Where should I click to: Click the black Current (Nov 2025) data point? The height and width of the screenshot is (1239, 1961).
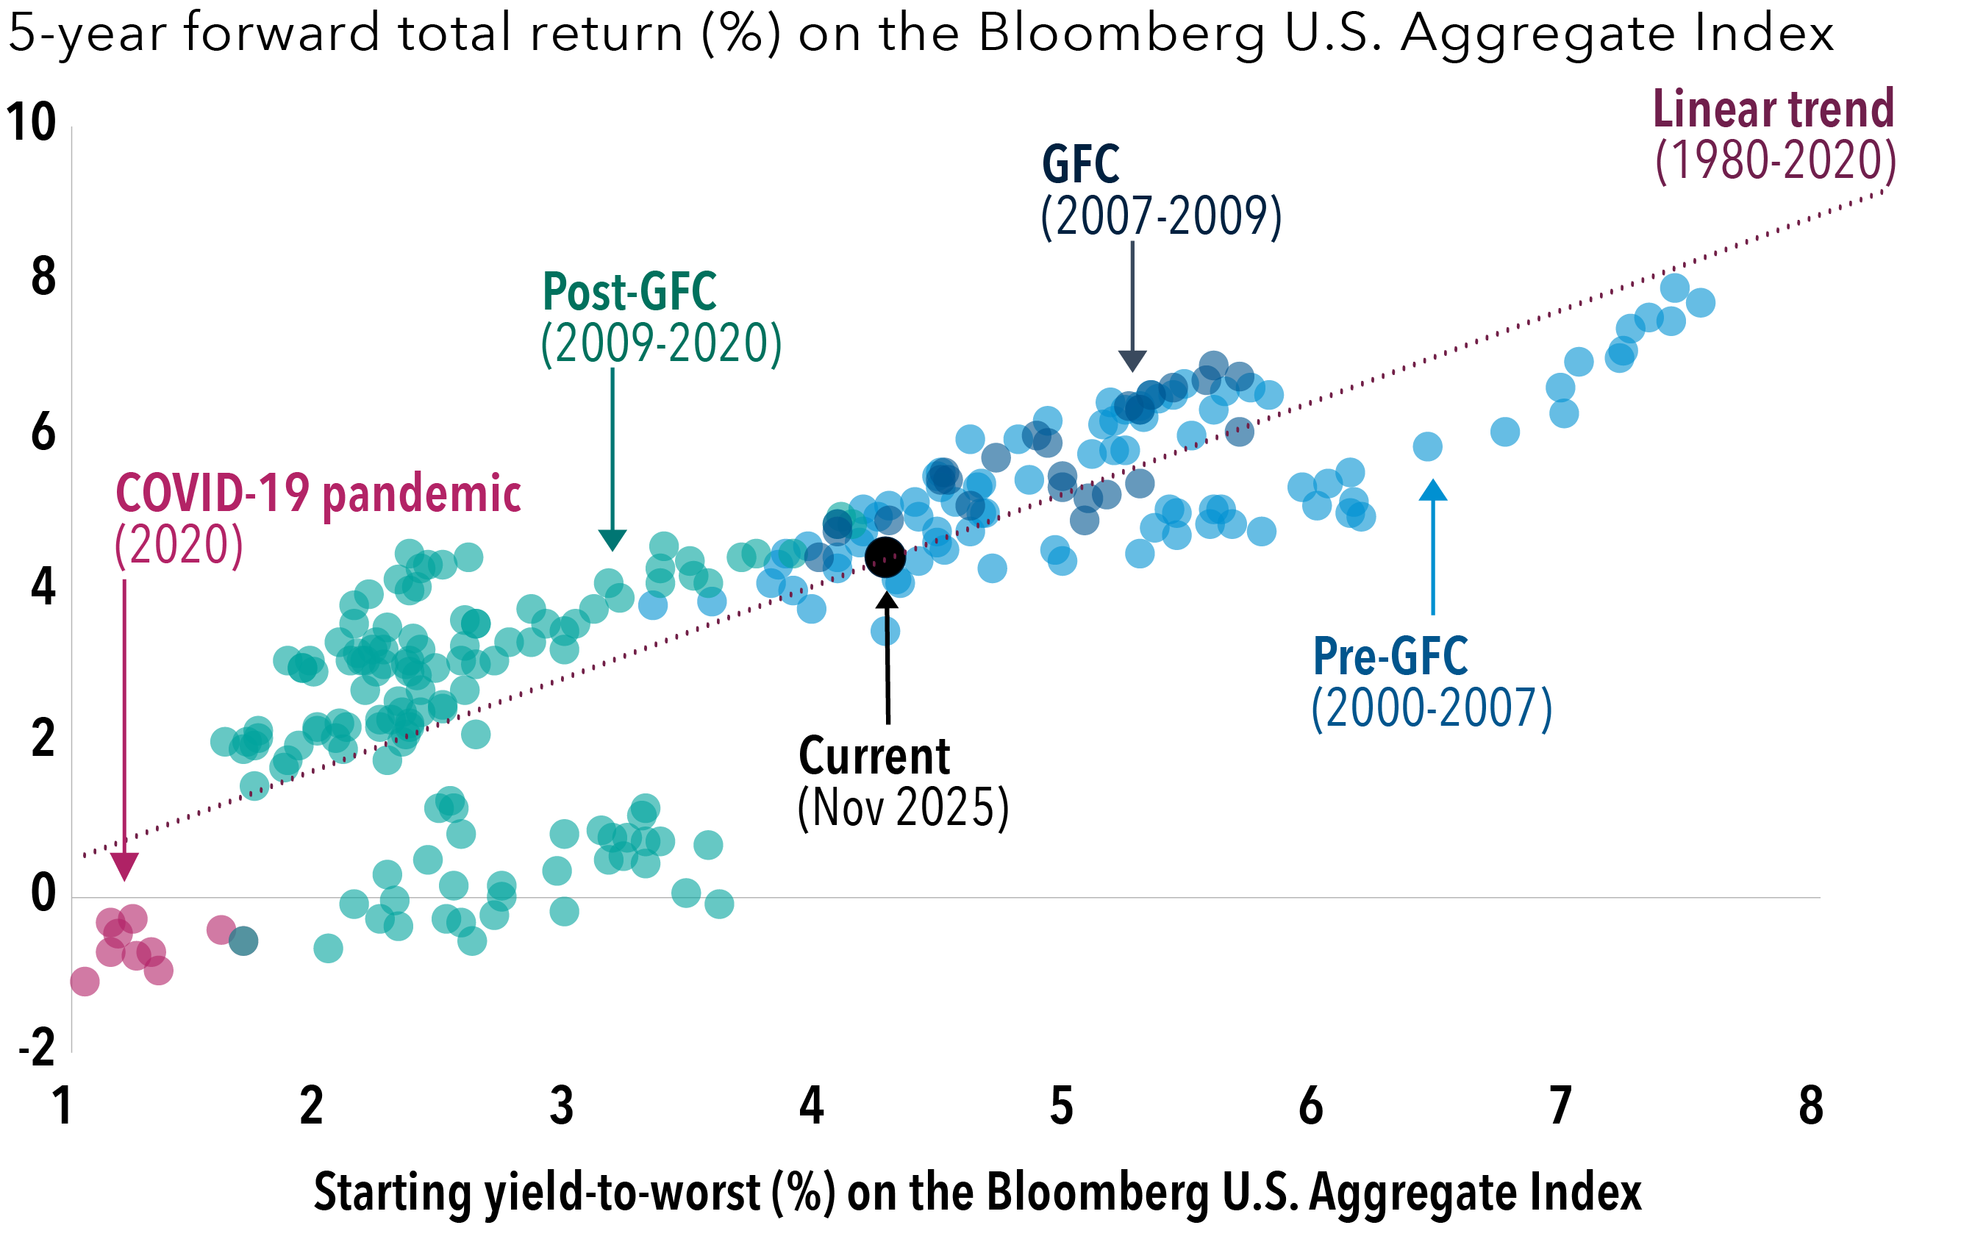[x=885, y=557]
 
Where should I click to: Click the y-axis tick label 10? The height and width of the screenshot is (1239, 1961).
[x=31, y=122]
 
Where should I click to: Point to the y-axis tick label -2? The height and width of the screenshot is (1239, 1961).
[x=37, y=1048]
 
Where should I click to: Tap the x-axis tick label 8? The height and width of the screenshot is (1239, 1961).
[x=1810, y=1106]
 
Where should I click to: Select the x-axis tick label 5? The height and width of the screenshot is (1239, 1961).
[x=1060, y=1106]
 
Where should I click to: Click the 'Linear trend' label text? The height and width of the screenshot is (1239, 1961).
[x=1773, y=109]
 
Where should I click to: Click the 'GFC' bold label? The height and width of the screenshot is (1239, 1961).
[x=1081, y=165]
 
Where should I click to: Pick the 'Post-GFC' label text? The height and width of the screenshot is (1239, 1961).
[x=629, y=292]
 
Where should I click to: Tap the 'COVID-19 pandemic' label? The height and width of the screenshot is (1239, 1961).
[x=318, y=493]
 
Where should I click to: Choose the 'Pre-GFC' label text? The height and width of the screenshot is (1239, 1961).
[x=1390, y=657]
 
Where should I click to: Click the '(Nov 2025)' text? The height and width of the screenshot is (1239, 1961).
[x=902, y=808]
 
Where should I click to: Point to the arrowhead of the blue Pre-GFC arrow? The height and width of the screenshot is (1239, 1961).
[x=1432, y=490]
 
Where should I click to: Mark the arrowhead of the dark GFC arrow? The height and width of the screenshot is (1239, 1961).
[x=1132, y=361]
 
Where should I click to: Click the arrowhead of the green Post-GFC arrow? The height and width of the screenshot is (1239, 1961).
[x=612, y=539]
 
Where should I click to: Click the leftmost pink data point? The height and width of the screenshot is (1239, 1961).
[x=85, y=982]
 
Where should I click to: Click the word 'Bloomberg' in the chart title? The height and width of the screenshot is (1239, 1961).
[x=1121, y=35]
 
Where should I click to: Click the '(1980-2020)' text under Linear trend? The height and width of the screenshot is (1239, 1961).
[x=1775, y=160]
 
